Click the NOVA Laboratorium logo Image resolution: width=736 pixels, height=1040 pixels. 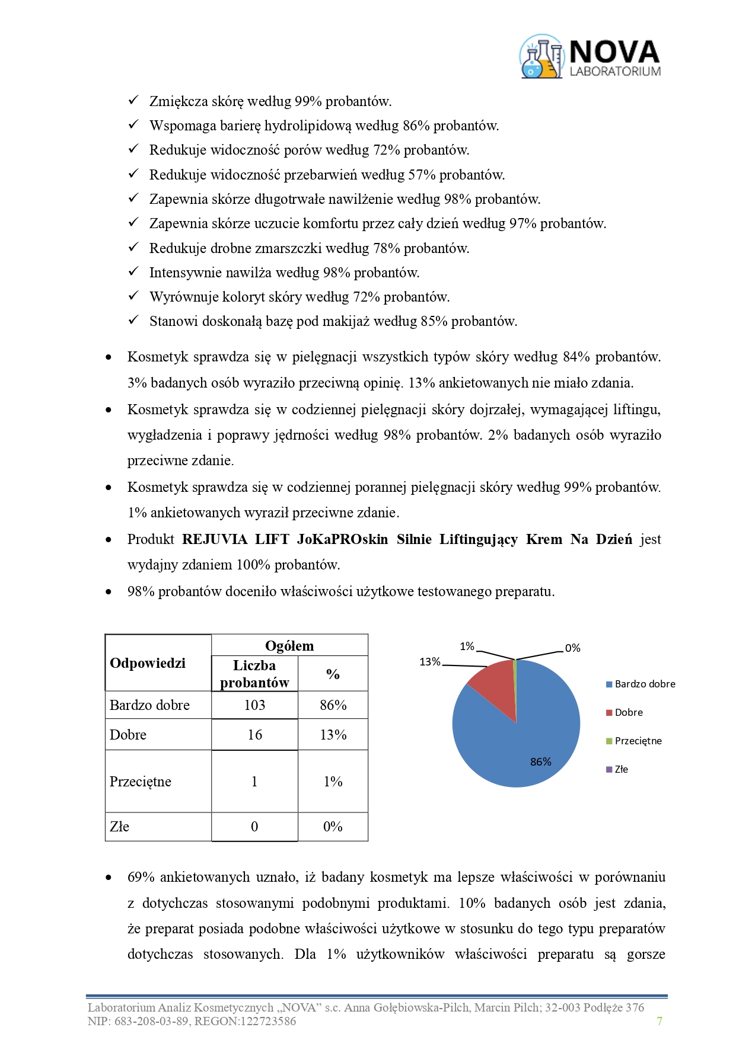pyautogui.click(x=590, y=57)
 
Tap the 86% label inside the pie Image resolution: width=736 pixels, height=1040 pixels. pyautogui.click(x=540, y=761)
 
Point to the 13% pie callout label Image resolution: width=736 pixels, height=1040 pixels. pyautogui.click(x=429, y=662)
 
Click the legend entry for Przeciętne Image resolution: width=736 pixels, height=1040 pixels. pyautogui.click(x=638, y=741)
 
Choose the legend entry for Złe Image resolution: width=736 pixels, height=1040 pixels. pyautogui.click(x=621, y=769)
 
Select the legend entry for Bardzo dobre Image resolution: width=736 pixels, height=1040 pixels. pyautogui.click(x=645, y=684)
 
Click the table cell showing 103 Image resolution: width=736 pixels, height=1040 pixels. pyautogui.click(x=254, y=705)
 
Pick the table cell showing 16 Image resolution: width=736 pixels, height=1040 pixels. pyautogui.click(x=254, y=735)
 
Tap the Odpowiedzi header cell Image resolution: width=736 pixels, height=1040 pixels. pyautogui.click(x=148, y=663)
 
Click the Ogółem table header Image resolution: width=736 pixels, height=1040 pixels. pyautogui.click(x=289, y=646)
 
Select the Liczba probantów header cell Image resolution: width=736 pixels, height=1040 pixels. pyautogui.click(x=254, y=674)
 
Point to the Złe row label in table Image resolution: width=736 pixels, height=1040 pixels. pyautogui.click(x=120, y=827)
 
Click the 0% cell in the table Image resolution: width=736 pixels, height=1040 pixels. pyautogui.click(x=333, y=827)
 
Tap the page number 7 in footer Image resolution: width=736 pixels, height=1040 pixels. pyautogui.click(x=659, y=1021)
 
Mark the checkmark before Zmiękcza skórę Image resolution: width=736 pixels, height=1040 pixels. pyautogui.click(x=133, y=100)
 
